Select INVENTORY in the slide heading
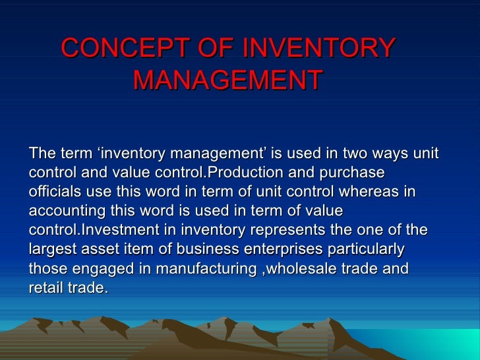pos(319,48)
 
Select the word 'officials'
pos(53,193)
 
